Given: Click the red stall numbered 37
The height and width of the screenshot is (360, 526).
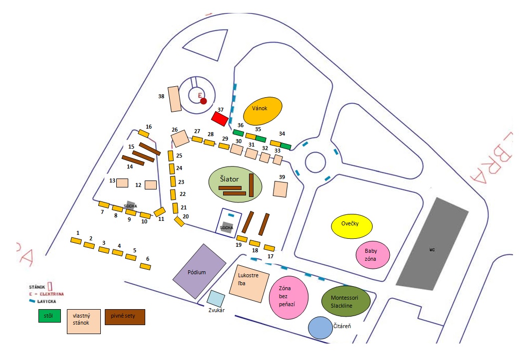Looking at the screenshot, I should click(220, 119).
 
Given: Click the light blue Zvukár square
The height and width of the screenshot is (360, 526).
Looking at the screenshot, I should click(216, 298).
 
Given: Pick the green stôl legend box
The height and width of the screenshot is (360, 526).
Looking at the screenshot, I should click(49, 316).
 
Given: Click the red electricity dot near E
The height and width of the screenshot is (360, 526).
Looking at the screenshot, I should click(203, 101).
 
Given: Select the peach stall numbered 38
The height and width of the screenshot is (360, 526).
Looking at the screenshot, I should click(174, 99).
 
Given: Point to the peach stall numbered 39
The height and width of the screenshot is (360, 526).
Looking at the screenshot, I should click(280, 189).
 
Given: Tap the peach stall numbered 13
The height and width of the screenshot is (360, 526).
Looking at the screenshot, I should click(122, 182).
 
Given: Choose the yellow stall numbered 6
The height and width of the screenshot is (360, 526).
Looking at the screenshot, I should click(145, 267).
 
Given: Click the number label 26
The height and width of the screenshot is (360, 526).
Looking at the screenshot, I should click(175, 130).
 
